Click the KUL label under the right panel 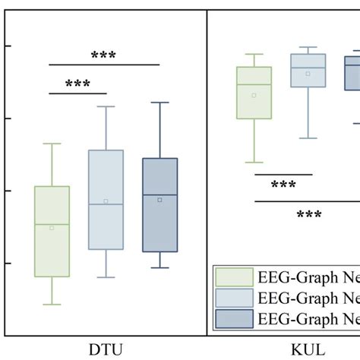tap(308, 349)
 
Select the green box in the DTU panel tap(52, 231)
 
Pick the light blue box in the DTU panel tap(106, 200)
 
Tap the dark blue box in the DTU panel tap(159, 205)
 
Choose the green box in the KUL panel tap(254, 93)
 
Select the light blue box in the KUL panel tap(308, 71)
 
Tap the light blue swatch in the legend tap(234, 297)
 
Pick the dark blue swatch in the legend tap(234, 317)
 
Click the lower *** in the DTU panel tap(77, 84)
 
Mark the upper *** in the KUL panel tap(283, 185)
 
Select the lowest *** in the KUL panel tap(308, 215)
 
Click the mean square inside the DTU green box tap(52, 227)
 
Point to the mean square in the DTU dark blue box tap(159, 200)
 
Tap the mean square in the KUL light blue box tap(308, 74)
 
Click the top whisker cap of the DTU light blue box tap(106, 106)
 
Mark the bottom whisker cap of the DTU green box tap(52, 305)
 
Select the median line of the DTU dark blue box tap(159, 194)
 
